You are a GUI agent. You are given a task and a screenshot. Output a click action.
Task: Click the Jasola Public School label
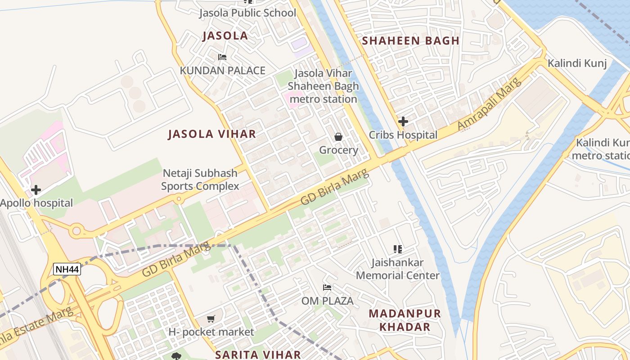248,13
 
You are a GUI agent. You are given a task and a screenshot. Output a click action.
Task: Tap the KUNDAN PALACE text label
222,71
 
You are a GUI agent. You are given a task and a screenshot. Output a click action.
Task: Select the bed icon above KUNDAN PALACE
222,57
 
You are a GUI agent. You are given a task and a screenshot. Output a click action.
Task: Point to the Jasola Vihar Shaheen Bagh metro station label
323,86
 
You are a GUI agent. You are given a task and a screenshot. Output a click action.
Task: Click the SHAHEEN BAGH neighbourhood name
411,40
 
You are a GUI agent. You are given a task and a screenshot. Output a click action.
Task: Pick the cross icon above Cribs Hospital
403,121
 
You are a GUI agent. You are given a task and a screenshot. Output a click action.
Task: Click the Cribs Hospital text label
403,135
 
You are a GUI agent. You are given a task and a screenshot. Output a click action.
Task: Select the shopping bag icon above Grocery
338,137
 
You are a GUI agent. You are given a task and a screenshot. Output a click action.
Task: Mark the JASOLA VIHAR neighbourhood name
212,134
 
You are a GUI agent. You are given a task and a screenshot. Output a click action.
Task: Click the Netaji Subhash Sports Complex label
200,180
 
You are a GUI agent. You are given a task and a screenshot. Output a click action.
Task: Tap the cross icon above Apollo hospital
36,190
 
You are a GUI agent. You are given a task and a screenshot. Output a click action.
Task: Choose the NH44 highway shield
67,270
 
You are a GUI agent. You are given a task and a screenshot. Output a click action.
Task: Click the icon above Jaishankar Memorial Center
397,249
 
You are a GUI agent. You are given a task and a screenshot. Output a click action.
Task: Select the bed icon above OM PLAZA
327,287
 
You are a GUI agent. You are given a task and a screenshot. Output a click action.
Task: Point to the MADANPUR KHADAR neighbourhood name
405,320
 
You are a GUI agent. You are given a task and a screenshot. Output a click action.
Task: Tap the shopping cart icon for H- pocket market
211,319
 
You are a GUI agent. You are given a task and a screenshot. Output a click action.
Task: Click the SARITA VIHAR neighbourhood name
258,354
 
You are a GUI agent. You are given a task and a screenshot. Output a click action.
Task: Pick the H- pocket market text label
211,332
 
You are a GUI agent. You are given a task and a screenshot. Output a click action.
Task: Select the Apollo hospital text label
36,203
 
